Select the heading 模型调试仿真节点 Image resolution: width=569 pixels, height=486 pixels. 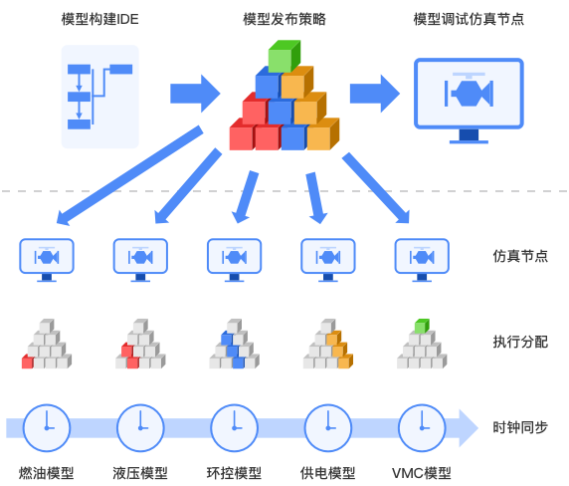pos(468,19)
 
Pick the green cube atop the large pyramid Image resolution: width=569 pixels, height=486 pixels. pos(284,57)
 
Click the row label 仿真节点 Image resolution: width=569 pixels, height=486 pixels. pos(520,255)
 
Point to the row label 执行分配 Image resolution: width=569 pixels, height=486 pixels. pos(520,342)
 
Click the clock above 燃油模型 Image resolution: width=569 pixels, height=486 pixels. pos(47,427)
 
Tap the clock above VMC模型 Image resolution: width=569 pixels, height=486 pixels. pos(421,427)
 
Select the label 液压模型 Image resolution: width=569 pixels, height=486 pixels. pos(140,473)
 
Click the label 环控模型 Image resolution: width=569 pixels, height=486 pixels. pos(234,473)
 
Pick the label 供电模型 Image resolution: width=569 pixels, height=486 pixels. pos(327,473)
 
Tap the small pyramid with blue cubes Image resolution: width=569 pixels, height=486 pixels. pos(234,345)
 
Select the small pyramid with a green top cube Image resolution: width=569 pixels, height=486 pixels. pos(421,345)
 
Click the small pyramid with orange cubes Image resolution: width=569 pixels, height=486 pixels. pos(327,345)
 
